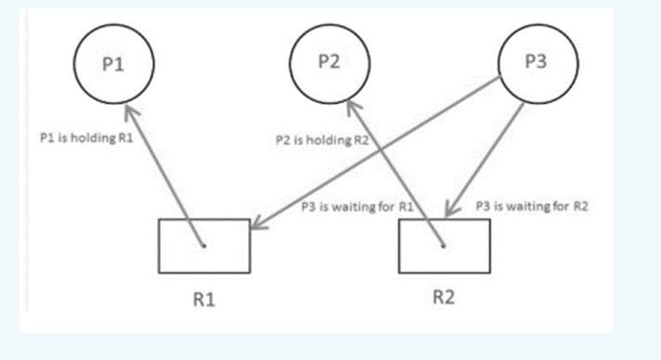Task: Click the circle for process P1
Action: (x=114, y=65)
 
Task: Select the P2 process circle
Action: (x=330, y=63)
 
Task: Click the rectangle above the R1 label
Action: (x=204, y=246)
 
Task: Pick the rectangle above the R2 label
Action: (x=445, y=247)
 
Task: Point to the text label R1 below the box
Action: (x=204, y=299)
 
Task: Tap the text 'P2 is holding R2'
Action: (x=315, y=140)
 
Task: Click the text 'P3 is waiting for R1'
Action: (x=356, y=207)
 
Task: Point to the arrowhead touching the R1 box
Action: (x=257, y=225)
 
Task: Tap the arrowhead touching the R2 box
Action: (x=448, y=212)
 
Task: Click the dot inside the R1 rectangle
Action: (x=202, y=246)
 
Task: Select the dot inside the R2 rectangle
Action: (x=444, y=246)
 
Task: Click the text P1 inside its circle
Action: (x=114, y=64)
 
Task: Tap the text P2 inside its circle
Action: (x=330, y=61)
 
